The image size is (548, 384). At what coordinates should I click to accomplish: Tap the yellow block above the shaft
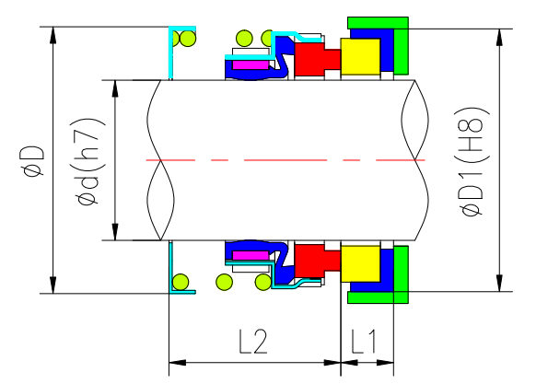(360, 57)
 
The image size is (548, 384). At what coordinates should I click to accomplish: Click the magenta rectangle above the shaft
(249, 64)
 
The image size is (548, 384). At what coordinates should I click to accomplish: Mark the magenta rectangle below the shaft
(249, 255)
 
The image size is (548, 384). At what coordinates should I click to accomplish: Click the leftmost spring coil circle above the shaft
(187, 39)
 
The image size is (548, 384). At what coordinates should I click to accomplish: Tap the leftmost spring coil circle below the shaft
(184, 281)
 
